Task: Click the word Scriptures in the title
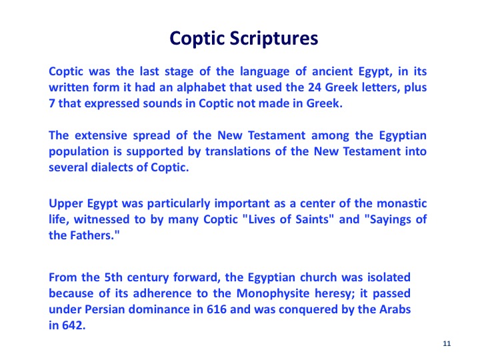274,39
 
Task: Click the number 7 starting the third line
52,103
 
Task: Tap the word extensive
101,135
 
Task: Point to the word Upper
66,204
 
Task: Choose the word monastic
401,203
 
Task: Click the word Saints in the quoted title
313,219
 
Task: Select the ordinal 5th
113,277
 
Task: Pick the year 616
217,309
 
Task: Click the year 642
73,325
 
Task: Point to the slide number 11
447,344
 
